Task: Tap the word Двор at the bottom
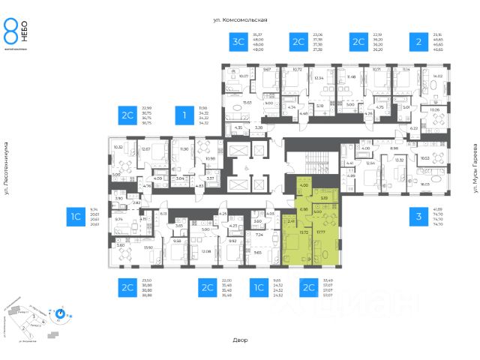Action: (240, 340)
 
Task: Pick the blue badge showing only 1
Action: (181, 115)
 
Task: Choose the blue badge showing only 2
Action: (413, 43)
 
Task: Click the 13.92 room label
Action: (148, 247)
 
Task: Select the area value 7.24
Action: (259, 235)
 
